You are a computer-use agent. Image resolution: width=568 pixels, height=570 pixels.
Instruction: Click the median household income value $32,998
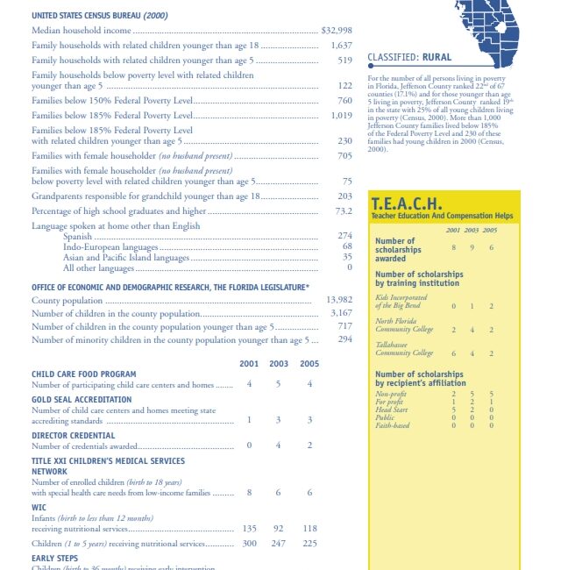337,31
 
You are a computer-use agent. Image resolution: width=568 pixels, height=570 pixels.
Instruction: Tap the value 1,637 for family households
341,45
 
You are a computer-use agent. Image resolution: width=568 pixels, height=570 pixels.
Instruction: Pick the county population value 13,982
338,300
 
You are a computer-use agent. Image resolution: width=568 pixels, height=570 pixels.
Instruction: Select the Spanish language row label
79,236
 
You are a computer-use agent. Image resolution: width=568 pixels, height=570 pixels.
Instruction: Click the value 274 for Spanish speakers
344,236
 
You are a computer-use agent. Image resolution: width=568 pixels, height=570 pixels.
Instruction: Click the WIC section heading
39,507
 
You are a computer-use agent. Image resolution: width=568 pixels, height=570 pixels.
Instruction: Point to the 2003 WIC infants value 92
279,529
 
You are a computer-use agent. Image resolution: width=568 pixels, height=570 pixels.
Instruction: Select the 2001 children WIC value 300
250,544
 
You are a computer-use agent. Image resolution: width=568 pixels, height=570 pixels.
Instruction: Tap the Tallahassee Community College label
404,349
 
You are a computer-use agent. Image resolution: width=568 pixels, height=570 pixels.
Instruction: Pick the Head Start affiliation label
391,410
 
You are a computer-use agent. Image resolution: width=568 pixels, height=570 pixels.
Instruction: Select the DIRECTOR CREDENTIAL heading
73,435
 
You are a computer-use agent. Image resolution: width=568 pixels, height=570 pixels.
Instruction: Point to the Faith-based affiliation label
392,425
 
